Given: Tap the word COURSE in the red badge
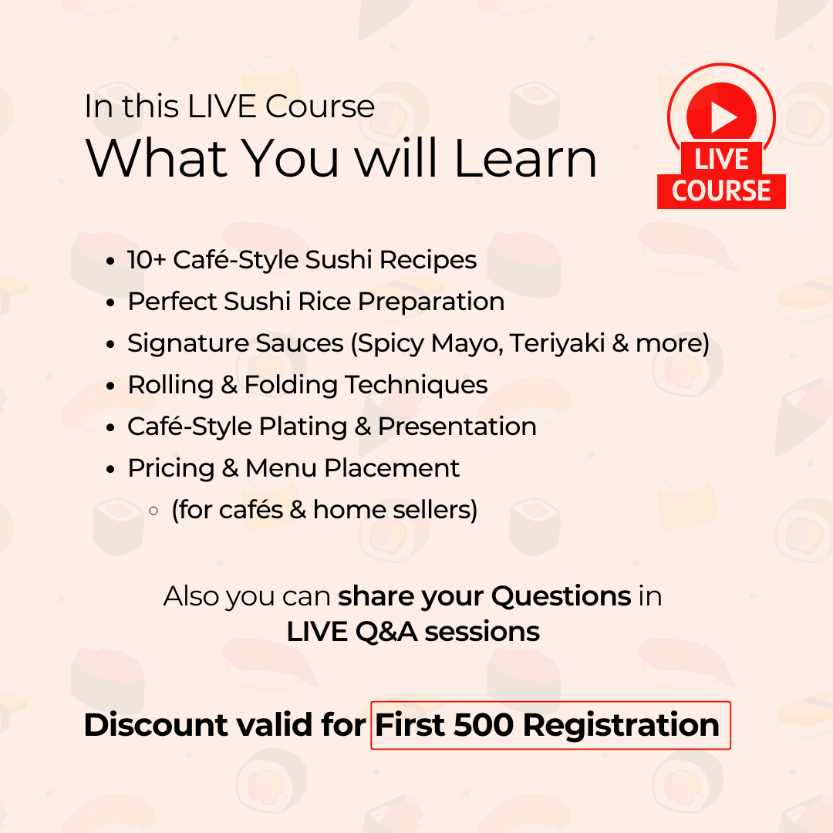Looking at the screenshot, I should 721,191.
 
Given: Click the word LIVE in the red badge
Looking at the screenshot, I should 721,160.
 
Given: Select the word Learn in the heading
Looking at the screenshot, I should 525,158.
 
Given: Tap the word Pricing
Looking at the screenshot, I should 170,468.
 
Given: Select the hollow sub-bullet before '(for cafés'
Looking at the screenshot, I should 153,511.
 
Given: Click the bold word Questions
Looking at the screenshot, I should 561,596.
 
